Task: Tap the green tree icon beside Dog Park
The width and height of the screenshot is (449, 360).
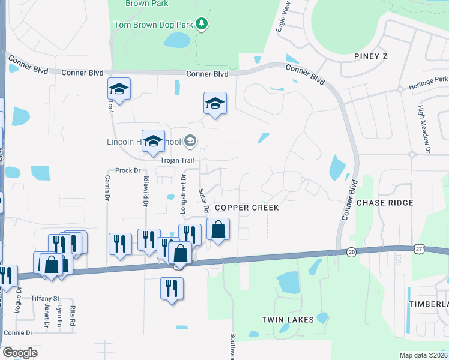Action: (203, 24)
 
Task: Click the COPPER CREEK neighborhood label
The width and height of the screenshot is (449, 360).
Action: (247, 208)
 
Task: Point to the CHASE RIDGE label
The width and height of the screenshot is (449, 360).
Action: (385, 203)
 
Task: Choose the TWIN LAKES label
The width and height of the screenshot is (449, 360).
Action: (288, 320)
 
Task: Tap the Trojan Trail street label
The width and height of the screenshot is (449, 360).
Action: (177, 160)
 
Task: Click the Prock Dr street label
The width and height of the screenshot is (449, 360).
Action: (127, 170)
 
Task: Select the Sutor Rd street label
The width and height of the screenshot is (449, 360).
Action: (203, 199)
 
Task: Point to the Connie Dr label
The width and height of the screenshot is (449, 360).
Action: (18, 332)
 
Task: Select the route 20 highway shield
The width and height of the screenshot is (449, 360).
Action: (351, 253)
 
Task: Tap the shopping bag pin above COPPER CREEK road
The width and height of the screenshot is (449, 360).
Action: (217, 230)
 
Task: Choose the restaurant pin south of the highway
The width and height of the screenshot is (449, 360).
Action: (172, 289)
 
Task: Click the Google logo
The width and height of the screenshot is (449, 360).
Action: (20, 352)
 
